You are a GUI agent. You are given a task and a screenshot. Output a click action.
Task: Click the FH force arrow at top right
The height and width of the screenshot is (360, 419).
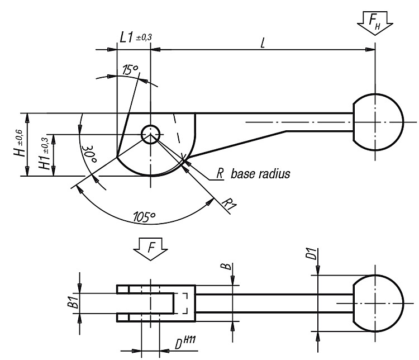pyautogui.click(x=375, y=23)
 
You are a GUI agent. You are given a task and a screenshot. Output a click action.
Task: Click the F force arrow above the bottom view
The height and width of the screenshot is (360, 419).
pyautogui.click(x=151, y=249)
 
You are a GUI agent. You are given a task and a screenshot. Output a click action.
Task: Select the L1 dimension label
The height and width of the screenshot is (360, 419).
pyautogui.click(x=126, y=37)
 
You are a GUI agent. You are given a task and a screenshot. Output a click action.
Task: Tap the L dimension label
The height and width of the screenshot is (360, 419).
pyautogui.click(x=263, y=43)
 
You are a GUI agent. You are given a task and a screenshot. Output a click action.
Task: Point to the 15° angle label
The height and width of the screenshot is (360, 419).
pyautogui.click(x=130, y=69)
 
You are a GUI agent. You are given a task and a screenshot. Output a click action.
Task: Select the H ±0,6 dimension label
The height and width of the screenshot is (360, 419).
pyautogui.click(x=20, y=143)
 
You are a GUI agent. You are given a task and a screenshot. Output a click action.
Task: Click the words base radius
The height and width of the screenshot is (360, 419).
pyautogui.click(x=260, y=174)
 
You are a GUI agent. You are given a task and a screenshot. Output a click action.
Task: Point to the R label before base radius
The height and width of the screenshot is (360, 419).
pyautogui.click(x=220, y=174)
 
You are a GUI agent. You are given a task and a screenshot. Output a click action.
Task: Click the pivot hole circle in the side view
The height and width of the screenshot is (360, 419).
pyautogui.click(x=151, y=134)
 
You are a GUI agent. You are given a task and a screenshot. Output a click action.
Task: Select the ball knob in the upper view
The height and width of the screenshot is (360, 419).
pyautogui.click(x=378, y=122)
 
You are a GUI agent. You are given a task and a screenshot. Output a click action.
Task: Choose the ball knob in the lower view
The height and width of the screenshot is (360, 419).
pyautogui.click(x=378, y=304)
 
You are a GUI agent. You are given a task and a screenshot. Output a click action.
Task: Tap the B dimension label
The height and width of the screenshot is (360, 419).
pyautogui.click(x=227, y=267)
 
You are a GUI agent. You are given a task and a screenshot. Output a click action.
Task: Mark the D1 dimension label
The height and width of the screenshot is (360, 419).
pyautogui.click(x=311, y=254)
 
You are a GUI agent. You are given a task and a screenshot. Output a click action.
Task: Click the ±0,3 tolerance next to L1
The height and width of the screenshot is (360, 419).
pyautogui.click(x=144, y=37)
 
